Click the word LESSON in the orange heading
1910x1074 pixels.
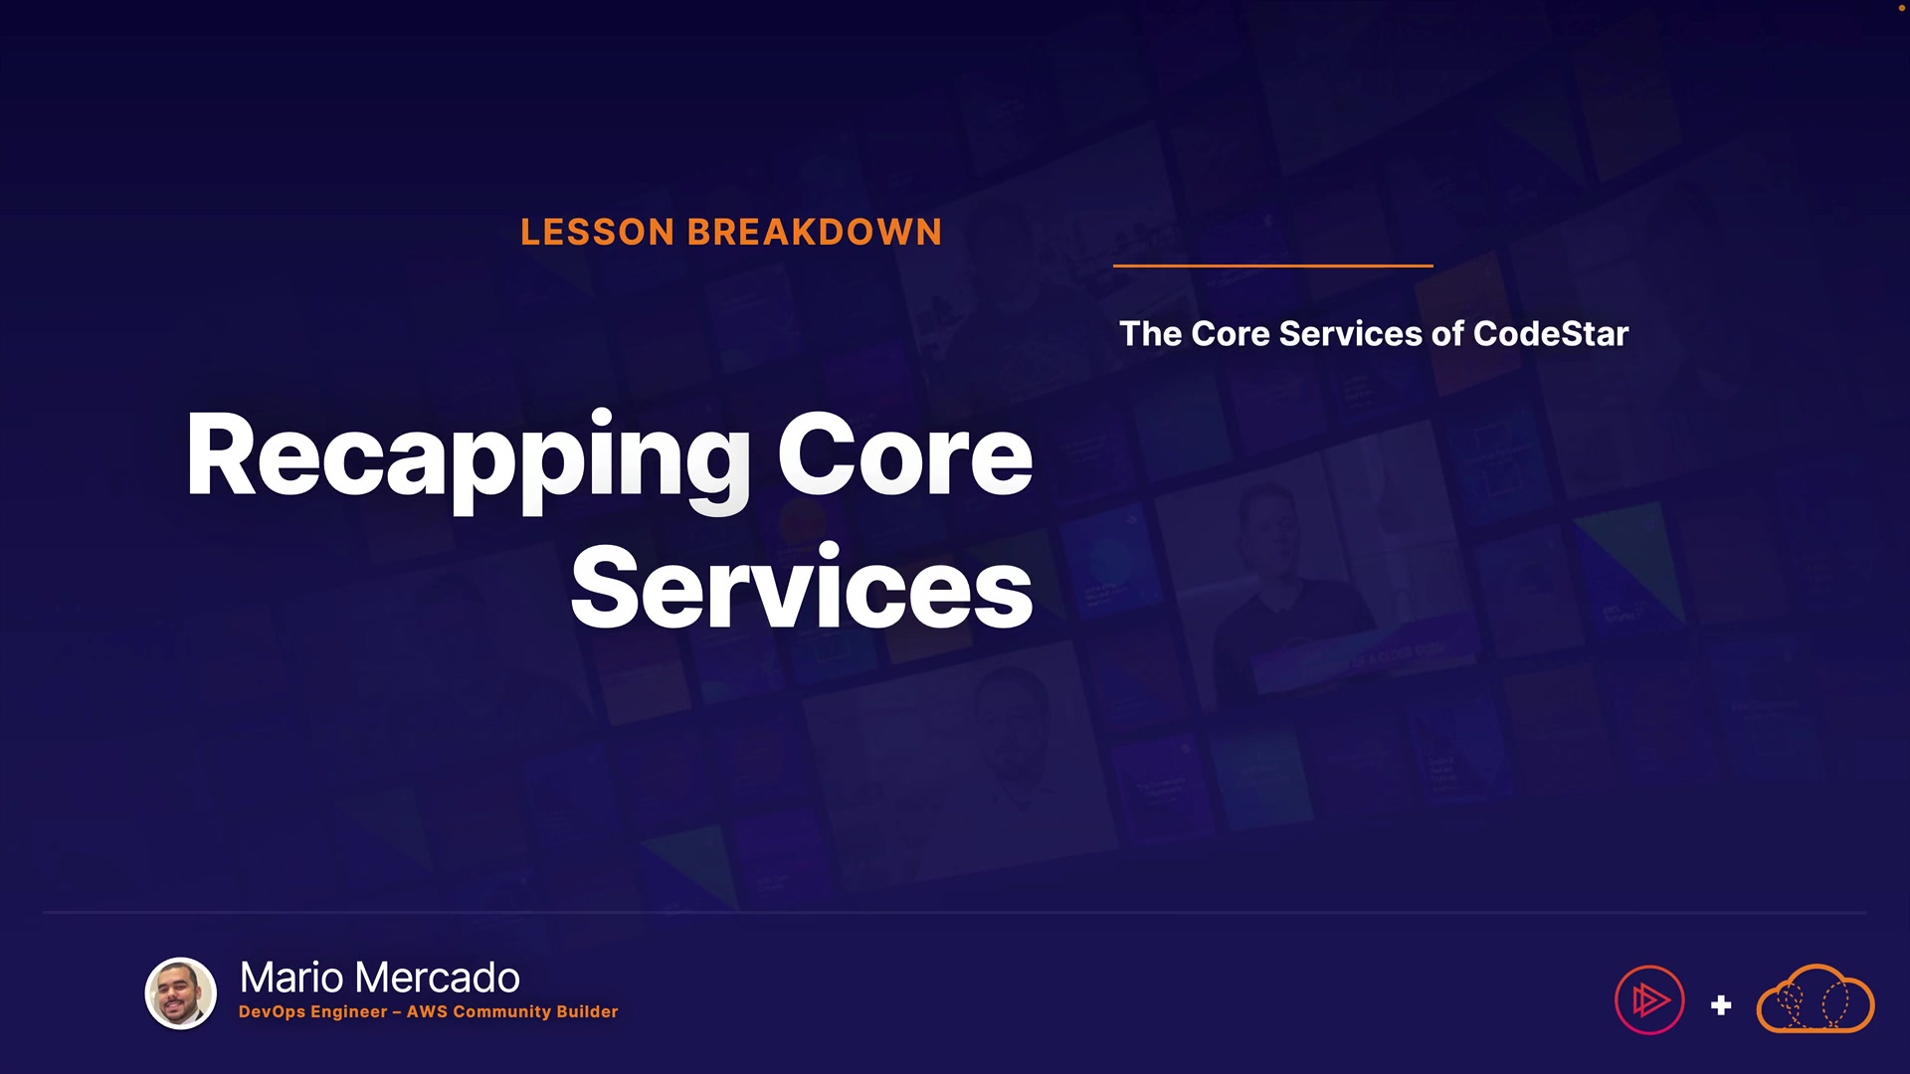coord(598,232)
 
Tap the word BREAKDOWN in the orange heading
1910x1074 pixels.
coord(815,232)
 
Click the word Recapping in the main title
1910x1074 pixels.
coord(468,457)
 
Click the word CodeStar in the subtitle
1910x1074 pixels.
coord(1551,334)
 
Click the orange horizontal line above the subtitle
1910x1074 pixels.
coord(1273,266)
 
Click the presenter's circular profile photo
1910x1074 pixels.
coord(181,993)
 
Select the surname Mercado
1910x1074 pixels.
coord(438,978)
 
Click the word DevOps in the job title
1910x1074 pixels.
coord(271,1012)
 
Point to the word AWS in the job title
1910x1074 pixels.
coord(427,1011)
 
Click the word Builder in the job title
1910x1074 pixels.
coord(587,1011)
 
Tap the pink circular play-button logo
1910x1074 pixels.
coord(1649,999)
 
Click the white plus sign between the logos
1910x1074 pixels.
coord(1721,1005)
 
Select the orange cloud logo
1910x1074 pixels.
coord(1815,999)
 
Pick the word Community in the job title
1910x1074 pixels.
coord(501,1012)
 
